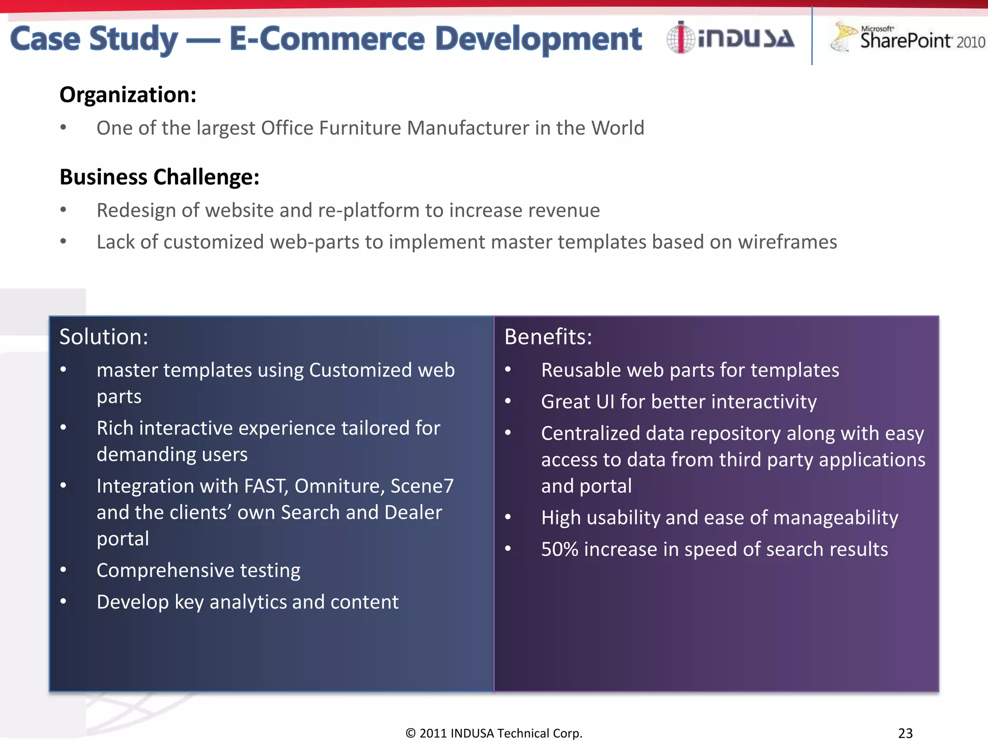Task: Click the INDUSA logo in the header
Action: tap(730, 38)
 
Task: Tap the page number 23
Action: tap(905, 733)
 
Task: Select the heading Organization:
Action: tap(128, 95)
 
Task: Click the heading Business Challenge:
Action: tap(159, 177)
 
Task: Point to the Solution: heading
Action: tap(103, 337)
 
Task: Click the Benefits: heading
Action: tap(548, 337)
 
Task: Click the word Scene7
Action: tap(422, 486)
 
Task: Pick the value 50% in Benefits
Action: tap(559, 549)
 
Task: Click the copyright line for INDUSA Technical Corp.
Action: tap(494, 733)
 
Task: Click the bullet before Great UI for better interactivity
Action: tap(508, 401)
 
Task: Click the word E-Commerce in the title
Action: tap(327, 39)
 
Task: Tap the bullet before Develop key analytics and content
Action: tap(63, 602)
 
